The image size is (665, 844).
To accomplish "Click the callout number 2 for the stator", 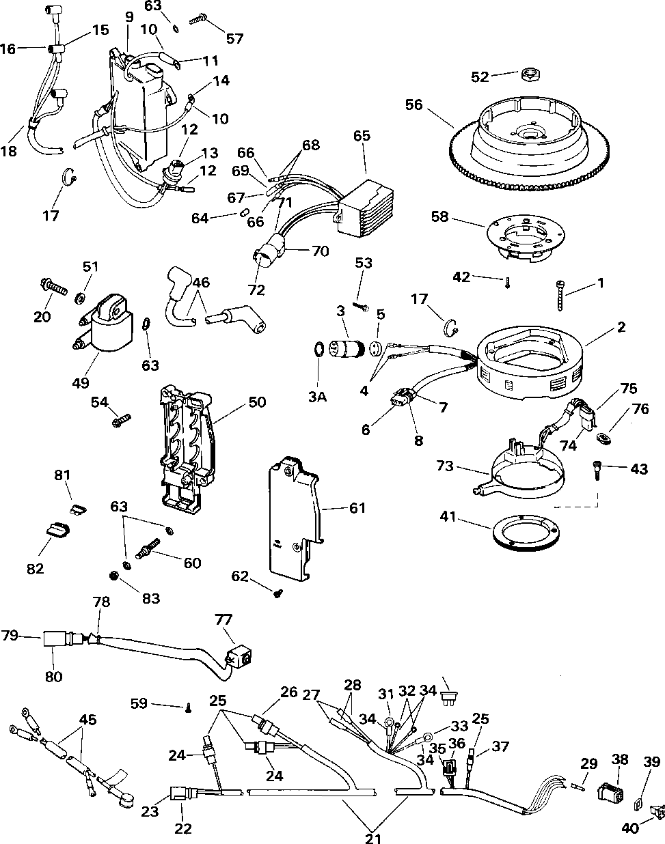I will click(x=621, y=326).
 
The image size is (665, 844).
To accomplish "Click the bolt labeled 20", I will click(x=53, y=285).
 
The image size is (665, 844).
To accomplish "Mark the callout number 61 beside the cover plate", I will click(x=357, y=507).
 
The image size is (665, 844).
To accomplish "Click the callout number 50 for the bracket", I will click(x=257, y=402).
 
